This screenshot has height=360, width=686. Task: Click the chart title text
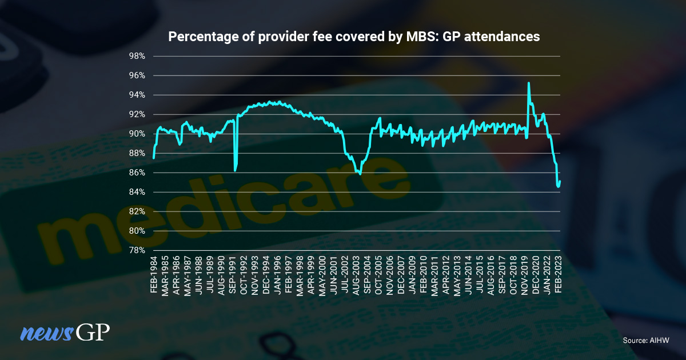click(353, 37)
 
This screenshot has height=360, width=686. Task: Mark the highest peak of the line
click(528, 83)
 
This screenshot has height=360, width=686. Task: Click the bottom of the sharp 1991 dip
click(235, 170)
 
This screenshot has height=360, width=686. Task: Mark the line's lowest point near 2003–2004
click(360, 174)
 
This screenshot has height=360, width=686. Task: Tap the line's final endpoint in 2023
click(560, 182)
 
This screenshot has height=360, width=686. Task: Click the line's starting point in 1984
click(153, 157)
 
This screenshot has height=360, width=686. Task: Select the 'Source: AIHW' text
click(646, 341)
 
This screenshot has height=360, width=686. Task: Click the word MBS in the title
click(409, 37)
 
